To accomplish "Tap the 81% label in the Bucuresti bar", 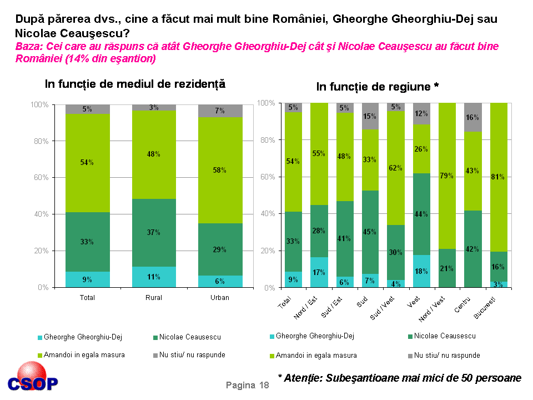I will point(498,177).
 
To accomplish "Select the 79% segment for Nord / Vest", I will point(447,176).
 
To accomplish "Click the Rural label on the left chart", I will point(153,298).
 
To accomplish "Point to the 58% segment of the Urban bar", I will point(220,171).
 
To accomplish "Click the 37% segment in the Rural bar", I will point(154,232).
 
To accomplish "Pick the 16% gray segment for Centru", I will point(472,117).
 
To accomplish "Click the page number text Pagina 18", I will point(247,386).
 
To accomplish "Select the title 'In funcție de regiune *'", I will point(378,87).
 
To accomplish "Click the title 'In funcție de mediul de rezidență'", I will point(135,84).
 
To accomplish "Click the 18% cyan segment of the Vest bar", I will point(421,271).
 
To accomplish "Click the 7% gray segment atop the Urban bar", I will point(220,111).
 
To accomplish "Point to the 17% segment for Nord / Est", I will point(319,272).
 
